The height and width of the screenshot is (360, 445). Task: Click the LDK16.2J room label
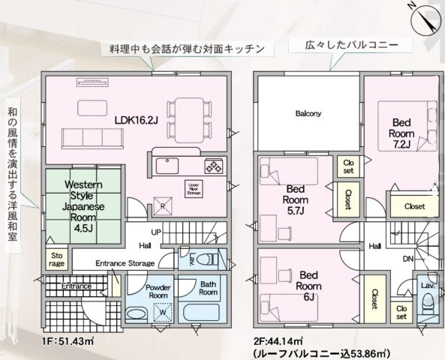[137, 120]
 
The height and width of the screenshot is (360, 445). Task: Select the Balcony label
[308, 113]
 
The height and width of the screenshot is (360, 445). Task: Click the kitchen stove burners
[215, 166]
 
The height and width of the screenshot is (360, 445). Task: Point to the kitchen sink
[167, 166]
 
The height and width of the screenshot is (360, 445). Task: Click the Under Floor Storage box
[194, 189]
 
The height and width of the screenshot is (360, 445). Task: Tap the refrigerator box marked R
[163, 206]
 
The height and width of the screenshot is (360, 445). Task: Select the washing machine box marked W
[163, 312]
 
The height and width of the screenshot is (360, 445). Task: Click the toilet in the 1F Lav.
[207, 259]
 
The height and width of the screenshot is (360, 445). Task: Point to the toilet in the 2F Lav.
[428, 304]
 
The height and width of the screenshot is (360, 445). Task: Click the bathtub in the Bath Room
[202, 313]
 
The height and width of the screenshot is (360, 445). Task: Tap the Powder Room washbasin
[137, 314]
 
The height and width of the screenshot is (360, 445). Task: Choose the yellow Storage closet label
[57, 259]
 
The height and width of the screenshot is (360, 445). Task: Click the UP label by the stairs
[156, 232]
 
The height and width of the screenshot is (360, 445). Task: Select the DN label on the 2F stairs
[408, 259]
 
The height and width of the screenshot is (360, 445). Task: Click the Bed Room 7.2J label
[401, 133]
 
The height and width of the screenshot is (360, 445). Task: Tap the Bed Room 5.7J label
[295, 199]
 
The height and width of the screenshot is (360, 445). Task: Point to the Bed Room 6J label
[308, 286]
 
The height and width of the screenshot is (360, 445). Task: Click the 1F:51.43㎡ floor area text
[68, 340]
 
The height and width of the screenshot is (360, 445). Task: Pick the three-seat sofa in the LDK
[93, 139]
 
